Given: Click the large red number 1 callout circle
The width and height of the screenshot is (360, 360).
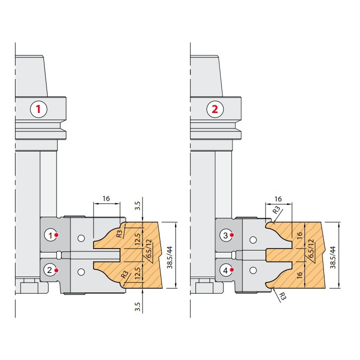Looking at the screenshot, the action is click(38, 109).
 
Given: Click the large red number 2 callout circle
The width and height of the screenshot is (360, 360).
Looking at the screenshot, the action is click(214, 109).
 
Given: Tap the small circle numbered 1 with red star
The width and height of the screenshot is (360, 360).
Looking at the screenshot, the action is click(51, 235).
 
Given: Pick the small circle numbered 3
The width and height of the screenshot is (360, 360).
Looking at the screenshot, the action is click(226, 235).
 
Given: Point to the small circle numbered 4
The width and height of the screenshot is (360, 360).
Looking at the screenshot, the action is click(226, 270).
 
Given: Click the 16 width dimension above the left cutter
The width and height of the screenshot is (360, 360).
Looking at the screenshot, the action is click(106, 198).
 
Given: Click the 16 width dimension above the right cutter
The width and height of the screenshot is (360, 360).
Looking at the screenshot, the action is click(278, 199).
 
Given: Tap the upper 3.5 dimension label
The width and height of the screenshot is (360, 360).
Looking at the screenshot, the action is click(137, 205).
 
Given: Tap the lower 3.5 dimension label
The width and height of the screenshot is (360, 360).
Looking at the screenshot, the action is click(137, 306).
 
